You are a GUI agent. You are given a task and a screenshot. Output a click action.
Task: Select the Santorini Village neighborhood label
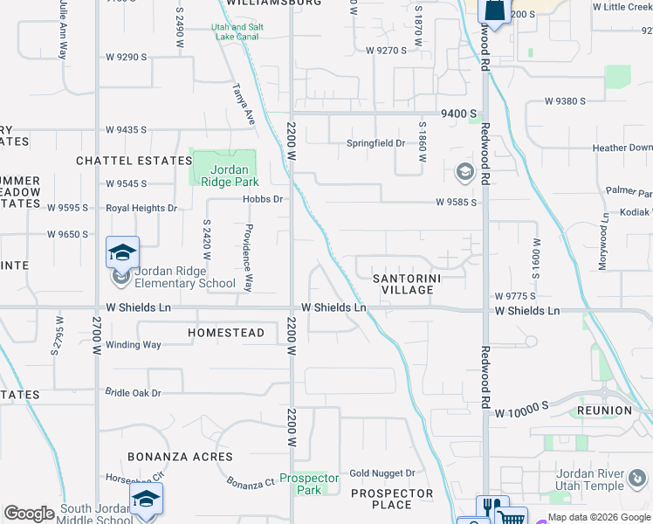(407, 284)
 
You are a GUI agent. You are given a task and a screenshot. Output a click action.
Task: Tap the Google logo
(29, 514)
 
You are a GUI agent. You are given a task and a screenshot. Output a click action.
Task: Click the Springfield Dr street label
(376, 143)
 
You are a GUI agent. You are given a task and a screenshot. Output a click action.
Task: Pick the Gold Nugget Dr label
(381, 473)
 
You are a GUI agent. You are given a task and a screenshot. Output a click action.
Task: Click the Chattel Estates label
(133, 161)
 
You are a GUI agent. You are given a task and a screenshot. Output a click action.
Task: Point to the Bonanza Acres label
(180, 457)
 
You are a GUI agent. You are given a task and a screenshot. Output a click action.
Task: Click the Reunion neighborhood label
(604, 410)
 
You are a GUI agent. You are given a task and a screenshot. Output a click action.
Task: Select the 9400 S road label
(459, 114)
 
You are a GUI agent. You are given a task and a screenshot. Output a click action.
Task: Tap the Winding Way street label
(134, 345)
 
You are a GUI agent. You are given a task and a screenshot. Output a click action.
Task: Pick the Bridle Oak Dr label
(134, 393)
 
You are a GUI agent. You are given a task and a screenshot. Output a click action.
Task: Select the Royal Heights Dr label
(141, 209)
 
